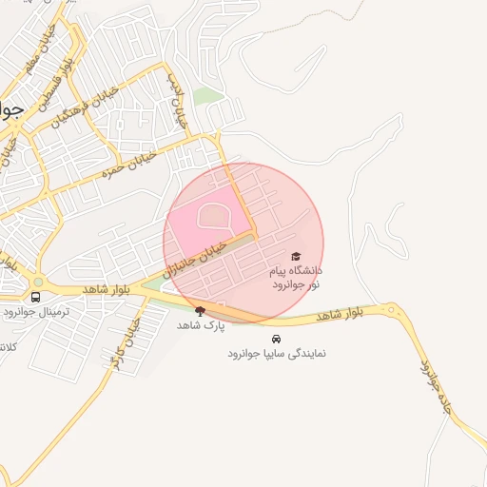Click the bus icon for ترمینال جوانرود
point(36,297)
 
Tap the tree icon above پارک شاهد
point(200,310)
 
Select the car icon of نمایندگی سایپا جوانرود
point(276,339)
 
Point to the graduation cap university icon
point(296,257)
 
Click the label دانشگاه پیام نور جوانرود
point(297,278)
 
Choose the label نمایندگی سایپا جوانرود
point(276,353)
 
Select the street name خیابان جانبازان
point(197,258)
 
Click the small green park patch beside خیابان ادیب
point(207,96)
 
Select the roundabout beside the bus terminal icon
point(38,282)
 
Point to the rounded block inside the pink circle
point(214,218)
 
